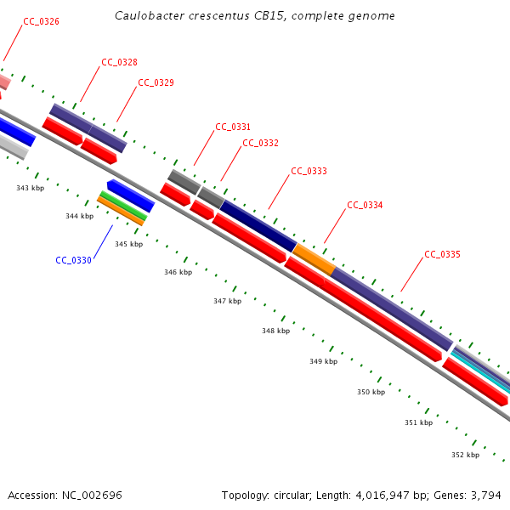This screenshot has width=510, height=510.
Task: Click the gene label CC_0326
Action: tap(42, 21)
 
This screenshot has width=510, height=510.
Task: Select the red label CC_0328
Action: tap(119, 62)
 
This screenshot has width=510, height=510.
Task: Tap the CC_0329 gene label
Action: tap(156, 82)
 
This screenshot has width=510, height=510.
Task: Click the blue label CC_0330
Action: tap(73, 260)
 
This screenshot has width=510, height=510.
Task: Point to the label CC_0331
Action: tap(233, 127)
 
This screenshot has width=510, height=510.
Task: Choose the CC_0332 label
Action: tap(260, 143)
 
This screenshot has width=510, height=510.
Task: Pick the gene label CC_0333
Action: tap(309, 171)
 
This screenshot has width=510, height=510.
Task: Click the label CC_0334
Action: tap(365, 205)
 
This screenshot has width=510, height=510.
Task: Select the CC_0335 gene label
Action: tap(442, 254)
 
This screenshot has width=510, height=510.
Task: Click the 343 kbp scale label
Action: tap(30, 187)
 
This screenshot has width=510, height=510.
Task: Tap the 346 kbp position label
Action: tap(178, 272)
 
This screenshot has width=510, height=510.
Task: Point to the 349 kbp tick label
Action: tap(323, 361)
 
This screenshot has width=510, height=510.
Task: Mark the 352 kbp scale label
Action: tap(465, 455)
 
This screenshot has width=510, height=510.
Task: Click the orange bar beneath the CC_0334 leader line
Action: tap(314, 258)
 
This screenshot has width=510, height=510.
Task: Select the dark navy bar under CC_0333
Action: tap(258, 225)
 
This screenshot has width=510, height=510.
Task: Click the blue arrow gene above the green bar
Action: tap(130, 195)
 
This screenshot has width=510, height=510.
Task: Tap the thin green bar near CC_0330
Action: tap(123, 206)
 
